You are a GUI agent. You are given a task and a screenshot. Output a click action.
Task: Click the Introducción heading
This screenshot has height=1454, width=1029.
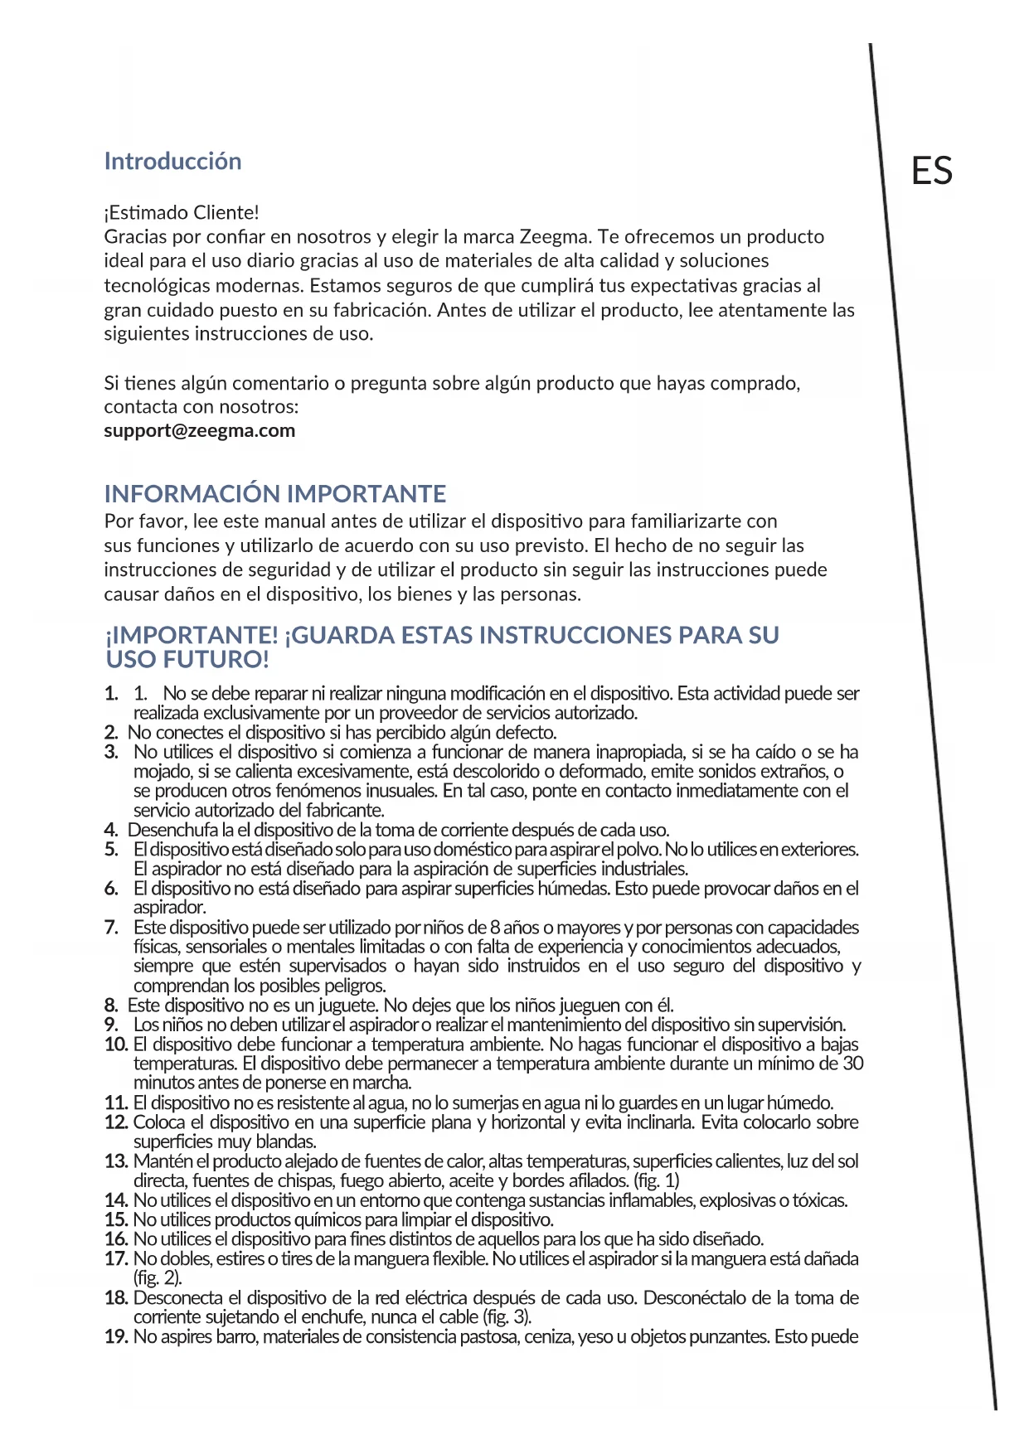pos(172,161)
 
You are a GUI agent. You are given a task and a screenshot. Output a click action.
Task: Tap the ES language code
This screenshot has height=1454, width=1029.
pos(931,171)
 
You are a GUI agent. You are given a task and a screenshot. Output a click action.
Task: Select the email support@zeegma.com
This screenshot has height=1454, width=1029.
pos(199,430)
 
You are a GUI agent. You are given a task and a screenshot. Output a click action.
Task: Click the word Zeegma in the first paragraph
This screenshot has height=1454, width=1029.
pos(554,236)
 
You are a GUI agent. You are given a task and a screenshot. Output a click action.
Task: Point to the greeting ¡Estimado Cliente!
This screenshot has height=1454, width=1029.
pos(182,212)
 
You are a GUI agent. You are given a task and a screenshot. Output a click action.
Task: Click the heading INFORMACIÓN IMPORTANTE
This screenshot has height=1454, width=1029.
pos(274,494)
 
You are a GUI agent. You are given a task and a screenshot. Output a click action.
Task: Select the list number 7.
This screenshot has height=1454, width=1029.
pos(111,928)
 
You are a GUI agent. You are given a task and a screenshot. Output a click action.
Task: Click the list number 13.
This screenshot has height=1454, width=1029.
pos(115,1161)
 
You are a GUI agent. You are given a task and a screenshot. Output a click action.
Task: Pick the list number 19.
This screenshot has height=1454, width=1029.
pos(115,1336)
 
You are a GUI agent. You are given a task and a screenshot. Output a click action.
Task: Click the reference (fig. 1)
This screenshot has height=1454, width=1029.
pos(656,1180)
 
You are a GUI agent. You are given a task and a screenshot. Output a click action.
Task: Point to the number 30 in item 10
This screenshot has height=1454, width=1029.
pos(852,1064)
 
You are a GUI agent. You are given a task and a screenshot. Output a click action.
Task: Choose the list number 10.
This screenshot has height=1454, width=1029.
pos(115,1044)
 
